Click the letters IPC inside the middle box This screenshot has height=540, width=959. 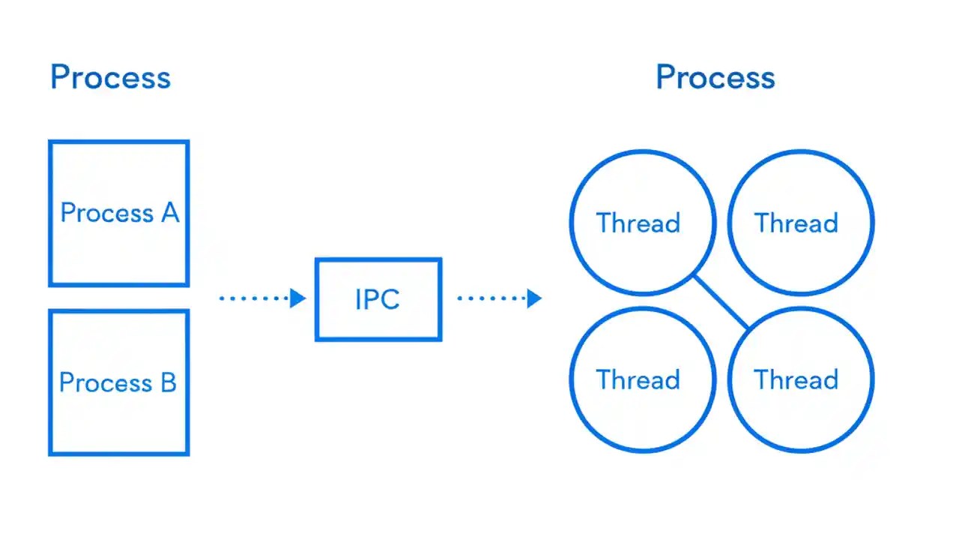tap(378, 299)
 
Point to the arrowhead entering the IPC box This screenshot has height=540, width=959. tap(298, 298)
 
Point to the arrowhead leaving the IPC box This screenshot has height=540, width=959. tap(533, 298)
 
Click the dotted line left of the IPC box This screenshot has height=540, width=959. tap(255, 298)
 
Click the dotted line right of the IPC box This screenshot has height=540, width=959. tap(491, 298)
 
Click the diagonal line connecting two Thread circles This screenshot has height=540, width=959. tap(721, 302)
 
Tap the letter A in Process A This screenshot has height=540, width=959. tap(170, 214)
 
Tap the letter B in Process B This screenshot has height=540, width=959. tap(168, 383)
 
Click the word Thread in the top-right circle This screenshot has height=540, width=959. tap(796, 223)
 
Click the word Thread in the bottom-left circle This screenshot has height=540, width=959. tap(638, 379)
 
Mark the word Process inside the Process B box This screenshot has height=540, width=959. tap(105, 383)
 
